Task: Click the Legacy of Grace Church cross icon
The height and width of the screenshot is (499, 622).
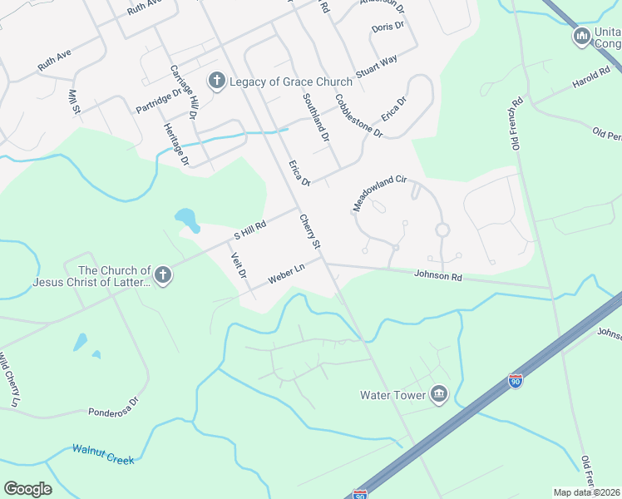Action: click(216, 81)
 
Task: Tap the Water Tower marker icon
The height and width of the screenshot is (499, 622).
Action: click(438, 395)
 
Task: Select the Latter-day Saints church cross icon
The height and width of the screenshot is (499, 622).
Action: click(163, 275)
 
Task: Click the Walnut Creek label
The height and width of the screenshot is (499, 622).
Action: click(102, 454)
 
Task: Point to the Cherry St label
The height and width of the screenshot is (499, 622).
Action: click(310, 231)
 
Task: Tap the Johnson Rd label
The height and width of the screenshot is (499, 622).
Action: click(437, 274)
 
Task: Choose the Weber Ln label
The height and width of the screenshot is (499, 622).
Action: click(286, 274)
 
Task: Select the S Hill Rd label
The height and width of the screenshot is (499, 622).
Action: click(249, 230)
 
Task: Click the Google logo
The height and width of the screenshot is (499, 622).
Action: click(27, 489)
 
